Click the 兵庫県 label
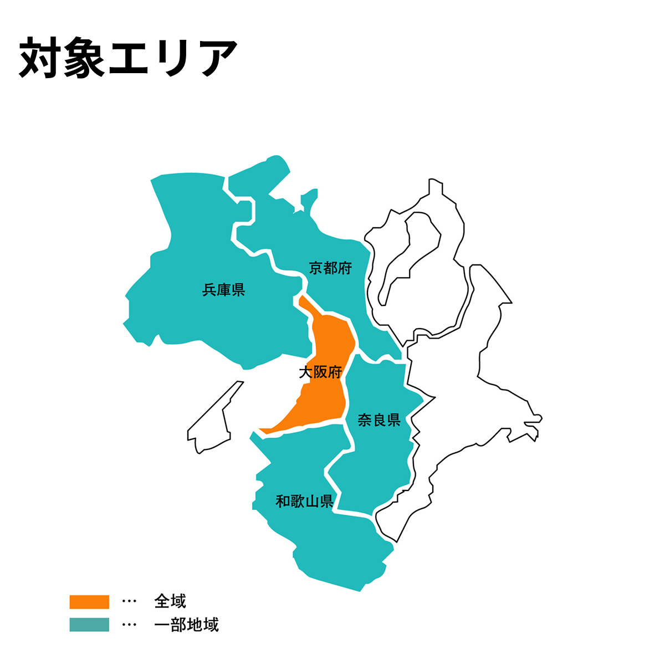coord(223,290)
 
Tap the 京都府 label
coord(330,269)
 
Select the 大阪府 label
coord(320,372)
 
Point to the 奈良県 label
coord(379,420)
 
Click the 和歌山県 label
coord(304,502)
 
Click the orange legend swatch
coord(89,602)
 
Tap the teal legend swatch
coord(89,625)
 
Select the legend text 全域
coord(170,602)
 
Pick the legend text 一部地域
coord(187,625)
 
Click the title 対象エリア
coord(129,58)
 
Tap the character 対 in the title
coord(40,58)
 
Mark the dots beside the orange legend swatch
coord(129,602)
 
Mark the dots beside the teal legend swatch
coord(129,625)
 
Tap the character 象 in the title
coord(84,58)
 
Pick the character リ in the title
coord(173,58)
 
